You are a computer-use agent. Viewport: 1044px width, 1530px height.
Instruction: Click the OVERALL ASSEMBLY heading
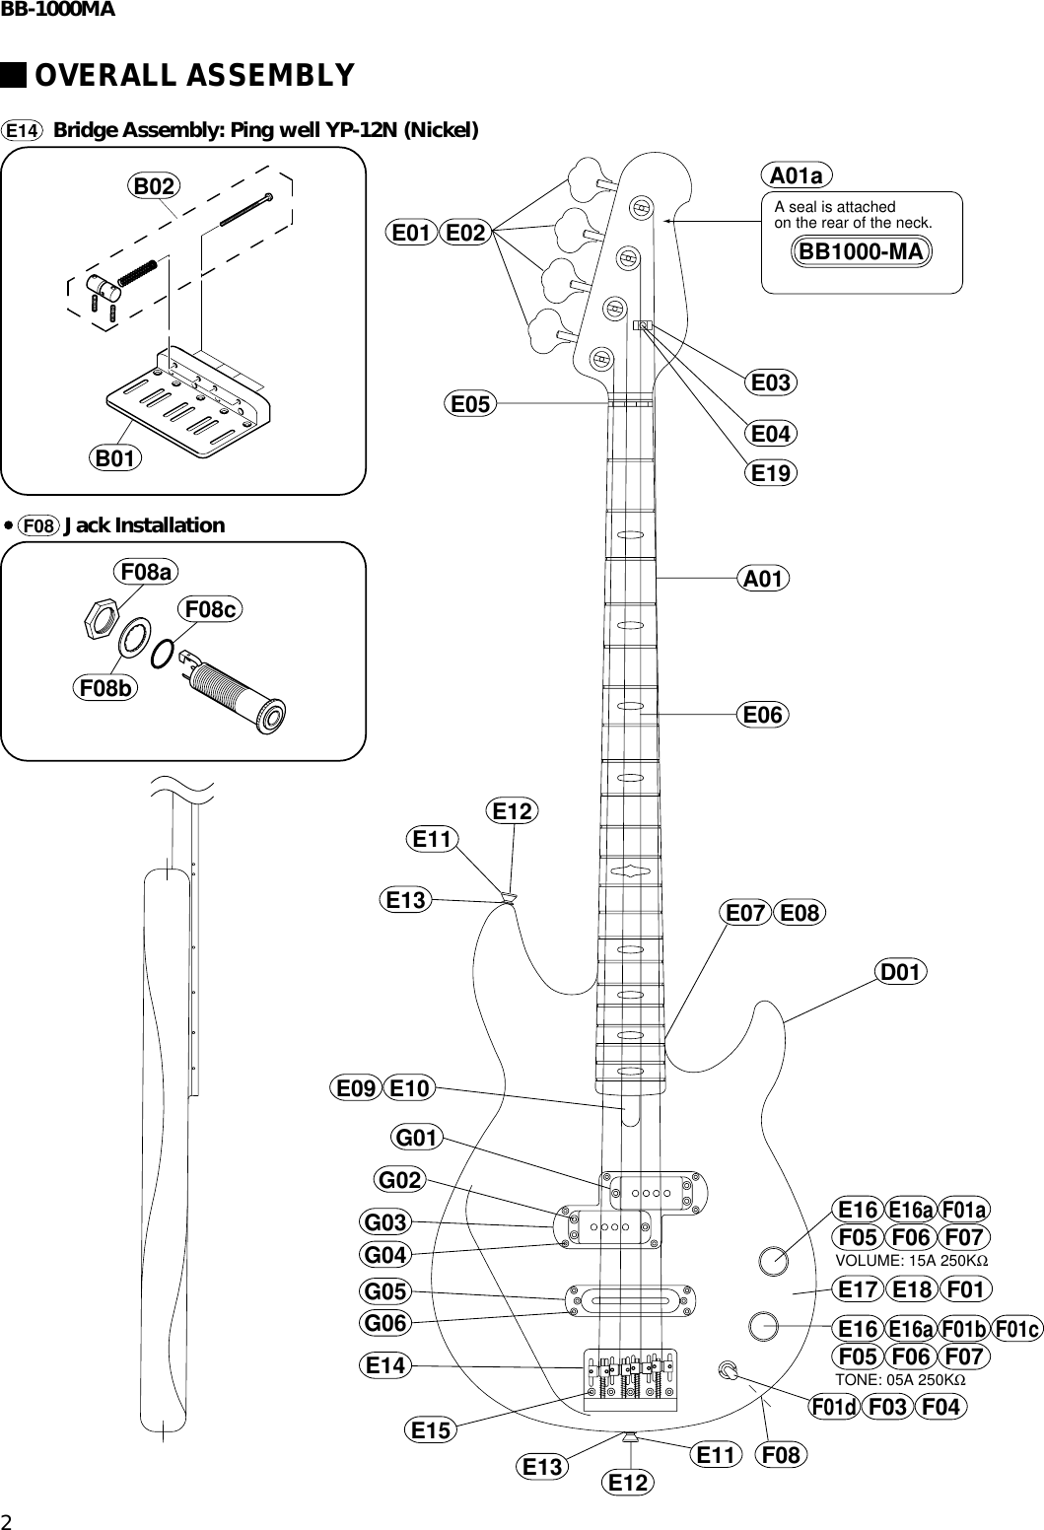194,76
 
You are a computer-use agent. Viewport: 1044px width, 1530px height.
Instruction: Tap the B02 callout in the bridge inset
155,185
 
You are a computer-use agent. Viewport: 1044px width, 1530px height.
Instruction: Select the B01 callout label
115,458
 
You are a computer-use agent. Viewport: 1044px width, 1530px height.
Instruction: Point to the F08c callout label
210,610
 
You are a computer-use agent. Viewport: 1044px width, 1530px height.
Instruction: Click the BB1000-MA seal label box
862,251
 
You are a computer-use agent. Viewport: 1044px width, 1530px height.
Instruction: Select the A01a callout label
797,175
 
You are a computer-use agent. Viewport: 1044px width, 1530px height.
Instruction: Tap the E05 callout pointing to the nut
471,403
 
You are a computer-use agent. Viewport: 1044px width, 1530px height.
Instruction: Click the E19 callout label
771,473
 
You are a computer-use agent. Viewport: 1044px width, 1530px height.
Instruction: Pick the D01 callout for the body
900,973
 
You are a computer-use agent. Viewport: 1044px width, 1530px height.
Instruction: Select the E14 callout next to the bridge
385,1365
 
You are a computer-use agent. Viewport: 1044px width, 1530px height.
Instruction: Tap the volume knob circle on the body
773,1260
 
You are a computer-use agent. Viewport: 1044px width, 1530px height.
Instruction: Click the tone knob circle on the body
763,1325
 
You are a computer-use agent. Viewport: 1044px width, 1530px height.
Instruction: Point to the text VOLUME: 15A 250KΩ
911,1261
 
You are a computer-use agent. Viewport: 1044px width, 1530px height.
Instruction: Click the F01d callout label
834,1407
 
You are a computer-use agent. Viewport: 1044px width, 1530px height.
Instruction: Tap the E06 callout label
763,714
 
